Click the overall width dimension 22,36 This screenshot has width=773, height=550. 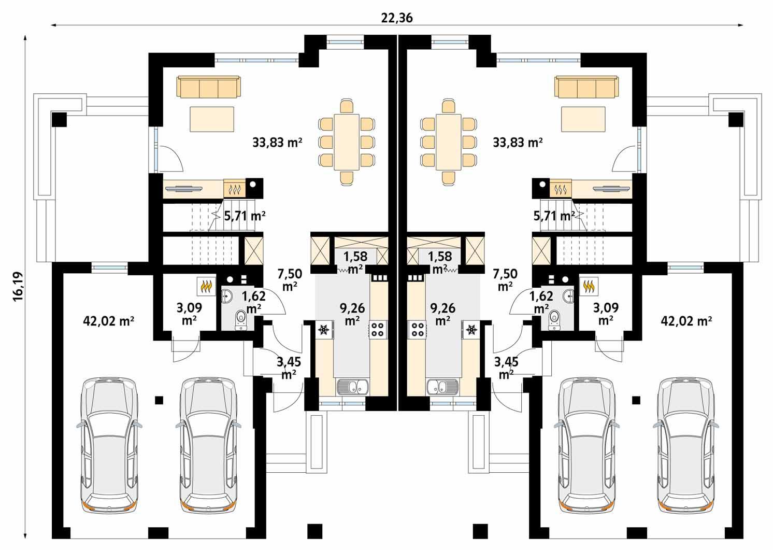396,18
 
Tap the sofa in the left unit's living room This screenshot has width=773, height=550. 209,87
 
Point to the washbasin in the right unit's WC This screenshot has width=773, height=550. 569,295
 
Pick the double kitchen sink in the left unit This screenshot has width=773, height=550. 352,386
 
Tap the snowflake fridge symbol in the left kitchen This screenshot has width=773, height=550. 323,329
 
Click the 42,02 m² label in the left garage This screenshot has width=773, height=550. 109,321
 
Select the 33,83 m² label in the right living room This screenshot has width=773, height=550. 518,142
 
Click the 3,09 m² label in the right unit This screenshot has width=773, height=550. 606,314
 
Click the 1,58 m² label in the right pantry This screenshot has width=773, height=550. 440,262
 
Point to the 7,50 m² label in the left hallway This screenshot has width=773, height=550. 290,279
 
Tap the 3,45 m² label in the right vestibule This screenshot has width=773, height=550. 506,367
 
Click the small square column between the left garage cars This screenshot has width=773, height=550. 159,400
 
